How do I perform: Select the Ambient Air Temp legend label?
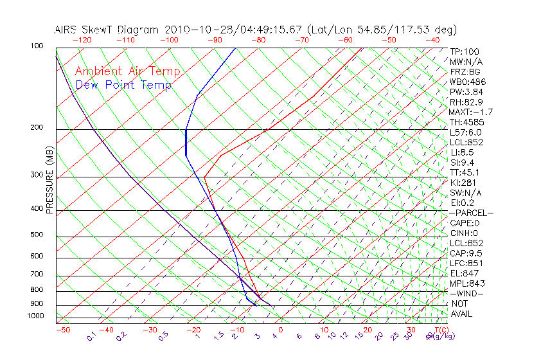127,71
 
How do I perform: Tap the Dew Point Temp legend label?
123,85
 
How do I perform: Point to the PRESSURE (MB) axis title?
49,180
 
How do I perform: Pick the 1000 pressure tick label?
37,316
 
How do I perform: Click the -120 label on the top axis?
81,40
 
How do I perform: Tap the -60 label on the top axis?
345,40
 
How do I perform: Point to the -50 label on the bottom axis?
62,330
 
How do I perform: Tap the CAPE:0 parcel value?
465,223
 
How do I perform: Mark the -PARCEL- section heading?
471,213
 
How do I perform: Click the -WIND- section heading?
466,293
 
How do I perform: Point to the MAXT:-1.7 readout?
471,112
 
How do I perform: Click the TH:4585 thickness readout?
466,122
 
